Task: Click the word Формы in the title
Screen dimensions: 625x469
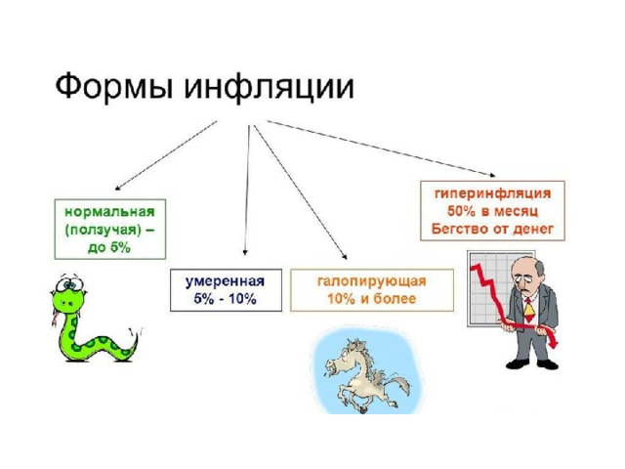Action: [113, 87]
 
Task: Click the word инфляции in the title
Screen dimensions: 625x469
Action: [269, 87]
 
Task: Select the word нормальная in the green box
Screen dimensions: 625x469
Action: [109, 211]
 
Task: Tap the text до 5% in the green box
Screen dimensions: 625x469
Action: [109, 247]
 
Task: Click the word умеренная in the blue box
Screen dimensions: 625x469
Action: [226, 281]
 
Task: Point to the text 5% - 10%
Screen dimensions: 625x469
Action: [226, 299]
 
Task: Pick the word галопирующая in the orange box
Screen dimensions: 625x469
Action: [372, 281]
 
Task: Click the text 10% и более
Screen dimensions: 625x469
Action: [372, 299]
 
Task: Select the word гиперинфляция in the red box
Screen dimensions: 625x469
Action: [493, 193]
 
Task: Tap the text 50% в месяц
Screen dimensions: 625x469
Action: [492, 211]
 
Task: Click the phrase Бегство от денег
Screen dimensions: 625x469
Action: [492, 229]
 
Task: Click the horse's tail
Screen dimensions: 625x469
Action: [398, 384]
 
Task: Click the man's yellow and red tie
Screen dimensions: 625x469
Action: [529, 311]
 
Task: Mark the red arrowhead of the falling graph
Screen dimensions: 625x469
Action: [553, 343]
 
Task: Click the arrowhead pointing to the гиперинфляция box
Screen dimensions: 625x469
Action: [492, 174]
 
